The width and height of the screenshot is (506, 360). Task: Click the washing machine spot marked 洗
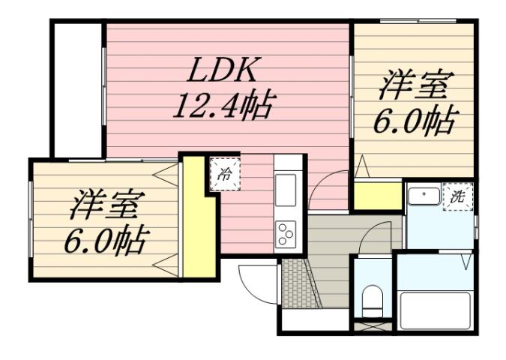pos(457,196)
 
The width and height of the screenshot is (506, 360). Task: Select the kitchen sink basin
pos(286,190)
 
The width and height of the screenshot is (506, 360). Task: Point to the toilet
pos(370,300)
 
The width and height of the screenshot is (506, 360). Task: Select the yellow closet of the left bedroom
pos(196,217)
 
